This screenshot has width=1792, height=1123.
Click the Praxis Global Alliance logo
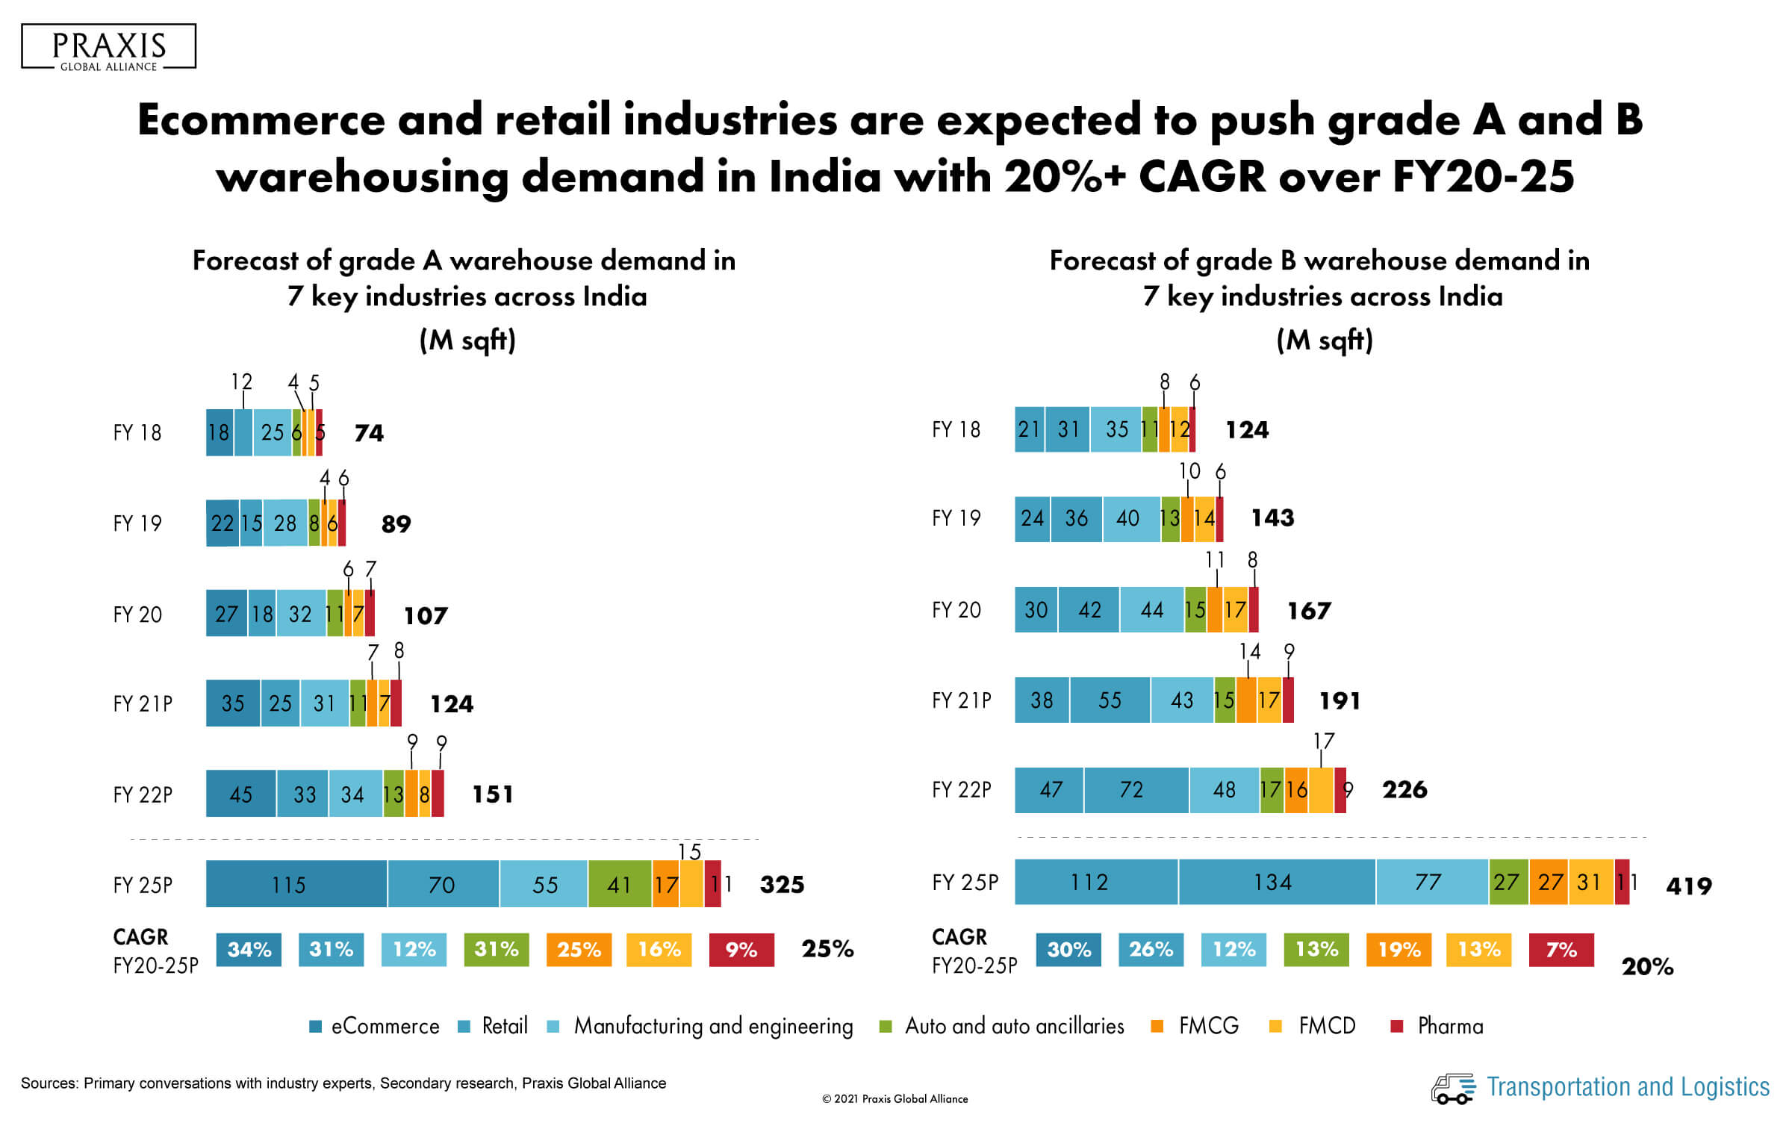click(x=109, y=47)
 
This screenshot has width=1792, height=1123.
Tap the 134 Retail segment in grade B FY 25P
click(x=1276, y=882)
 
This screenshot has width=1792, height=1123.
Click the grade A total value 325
click(x=782, y=885)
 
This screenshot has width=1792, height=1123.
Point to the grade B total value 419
click(x=1689, y=886)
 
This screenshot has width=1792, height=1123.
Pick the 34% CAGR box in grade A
click(x=249, y=950)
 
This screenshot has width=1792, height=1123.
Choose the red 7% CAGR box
click(x=1561, y=950)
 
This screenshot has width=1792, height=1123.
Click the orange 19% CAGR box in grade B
click(x=1399, y=950)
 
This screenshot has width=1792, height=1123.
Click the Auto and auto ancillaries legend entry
click(x=1004, y=1026)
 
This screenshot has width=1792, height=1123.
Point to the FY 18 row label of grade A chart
click(x=137, y=432)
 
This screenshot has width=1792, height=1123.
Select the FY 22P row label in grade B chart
click(x=962, y=789)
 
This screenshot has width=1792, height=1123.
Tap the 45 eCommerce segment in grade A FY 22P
click(x=240, y=794)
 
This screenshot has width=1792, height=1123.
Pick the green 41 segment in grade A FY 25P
click(x=619, y=884)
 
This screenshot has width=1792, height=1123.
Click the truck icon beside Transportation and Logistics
click(x=1452, y=1088)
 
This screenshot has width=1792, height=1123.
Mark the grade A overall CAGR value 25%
click(x=827, y=949)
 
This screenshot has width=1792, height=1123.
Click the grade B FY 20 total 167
click(x=1309, y=611)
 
